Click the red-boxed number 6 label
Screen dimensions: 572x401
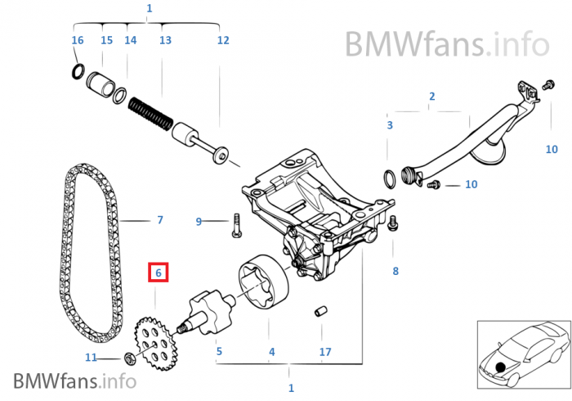point(159,273)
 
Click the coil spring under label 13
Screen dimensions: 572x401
point(150,114)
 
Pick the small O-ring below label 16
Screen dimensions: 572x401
point(78,71)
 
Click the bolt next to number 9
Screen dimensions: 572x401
point(236,225)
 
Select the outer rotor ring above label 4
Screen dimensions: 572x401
point(263,282)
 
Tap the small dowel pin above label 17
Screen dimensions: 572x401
point(320,311)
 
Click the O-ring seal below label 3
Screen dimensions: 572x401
point(390,179)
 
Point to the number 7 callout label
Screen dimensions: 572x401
point(160,220)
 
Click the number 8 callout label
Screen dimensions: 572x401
point(395,271)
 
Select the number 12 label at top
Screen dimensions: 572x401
point(223,40)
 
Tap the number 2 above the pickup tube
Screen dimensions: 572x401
point(432,96)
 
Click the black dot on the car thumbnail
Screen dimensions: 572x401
point(500,367)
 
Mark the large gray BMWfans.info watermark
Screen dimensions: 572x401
point(447,43)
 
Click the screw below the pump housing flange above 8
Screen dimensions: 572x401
point(392,223)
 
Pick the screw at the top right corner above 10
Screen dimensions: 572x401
point(548,85)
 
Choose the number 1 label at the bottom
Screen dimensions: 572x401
point(291,388)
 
